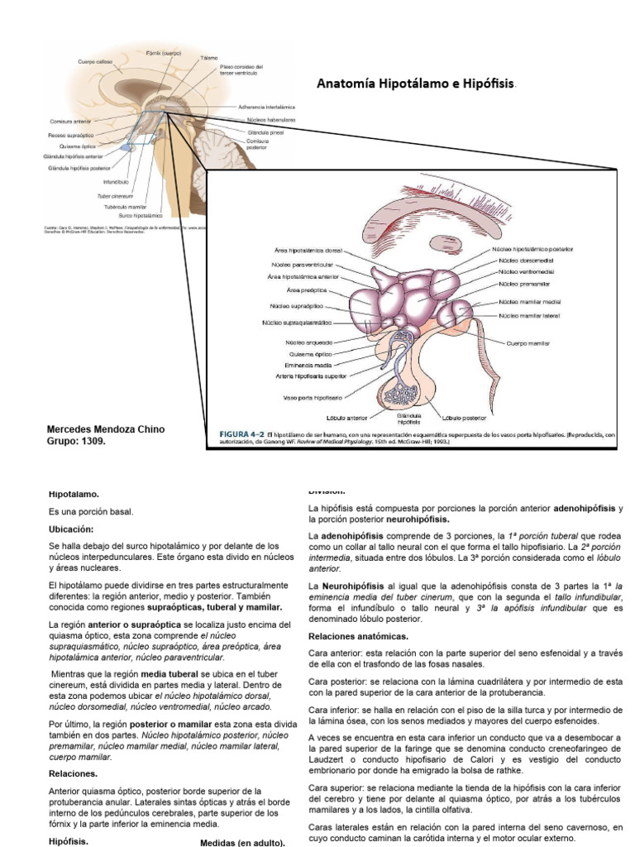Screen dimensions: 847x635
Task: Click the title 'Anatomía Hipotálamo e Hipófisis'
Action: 416,84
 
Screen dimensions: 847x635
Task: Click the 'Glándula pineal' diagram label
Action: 266,132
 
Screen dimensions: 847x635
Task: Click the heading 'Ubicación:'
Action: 71,529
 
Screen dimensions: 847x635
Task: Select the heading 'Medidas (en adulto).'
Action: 243,843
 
